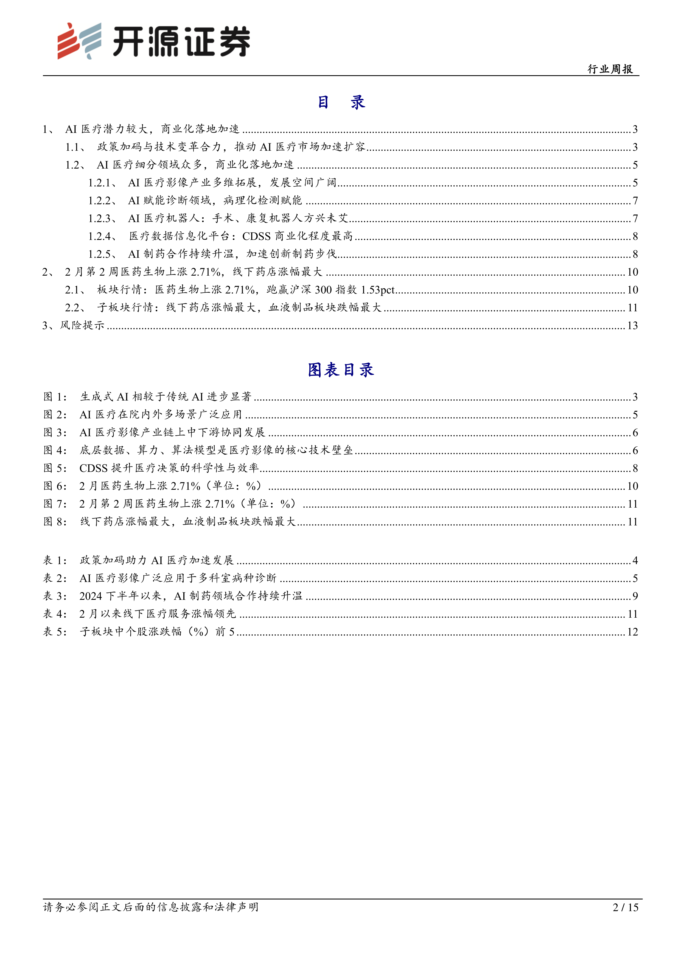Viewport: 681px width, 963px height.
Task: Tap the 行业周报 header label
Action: tap(610, 69)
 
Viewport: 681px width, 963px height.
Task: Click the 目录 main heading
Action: tap(341, 102)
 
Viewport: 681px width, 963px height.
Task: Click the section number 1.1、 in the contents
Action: tap(75, 147)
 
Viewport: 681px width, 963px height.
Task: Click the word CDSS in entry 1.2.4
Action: tap(256, 236)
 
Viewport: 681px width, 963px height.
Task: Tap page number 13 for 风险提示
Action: tap(632, 326)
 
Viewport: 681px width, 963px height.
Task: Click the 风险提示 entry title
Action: tap(82, 326)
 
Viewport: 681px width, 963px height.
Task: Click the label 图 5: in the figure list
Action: tap(55, 468)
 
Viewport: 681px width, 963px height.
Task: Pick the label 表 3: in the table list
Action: tap(55, 596)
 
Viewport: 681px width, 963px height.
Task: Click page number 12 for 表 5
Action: tap(632, 632)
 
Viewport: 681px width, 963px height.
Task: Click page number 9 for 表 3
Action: tap(635, 596)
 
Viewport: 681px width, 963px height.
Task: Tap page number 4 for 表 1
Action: tap(635, 560)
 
